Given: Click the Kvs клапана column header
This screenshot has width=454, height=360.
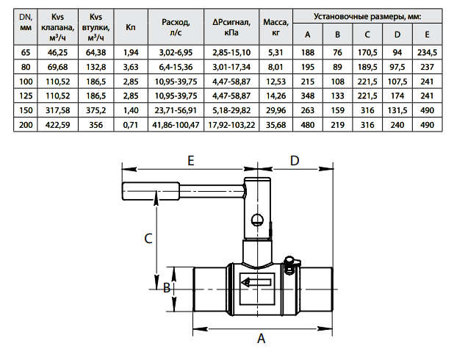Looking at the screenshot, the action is pos(57,27).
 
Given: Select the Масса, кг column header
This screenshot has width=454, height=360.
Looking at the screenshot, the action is pos(275,27).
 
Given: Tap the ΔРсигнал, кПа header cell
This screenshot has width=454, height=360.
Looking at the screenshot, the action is pos(231,27).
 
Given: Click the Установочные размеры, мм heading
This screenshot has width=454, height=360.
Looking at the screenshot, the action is pos(367,16).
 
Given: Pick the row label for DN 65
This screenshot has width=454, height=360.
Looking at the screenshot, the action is pos(26,52).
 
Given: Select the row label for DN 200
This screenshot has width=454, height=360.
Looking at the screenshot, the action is pos(26,125).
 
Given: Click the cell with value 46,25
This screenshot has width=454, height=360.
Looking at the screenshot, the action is pos(57,52).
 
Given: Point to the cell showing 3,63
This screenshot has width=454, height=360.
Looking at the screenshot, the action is pos(131,67).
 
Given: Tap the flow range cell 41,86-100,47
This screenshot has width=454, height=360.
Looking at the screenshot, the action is pos(176,125).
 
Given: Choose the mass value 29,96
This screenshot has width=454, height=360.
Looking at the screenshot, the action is pos(275,110).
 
